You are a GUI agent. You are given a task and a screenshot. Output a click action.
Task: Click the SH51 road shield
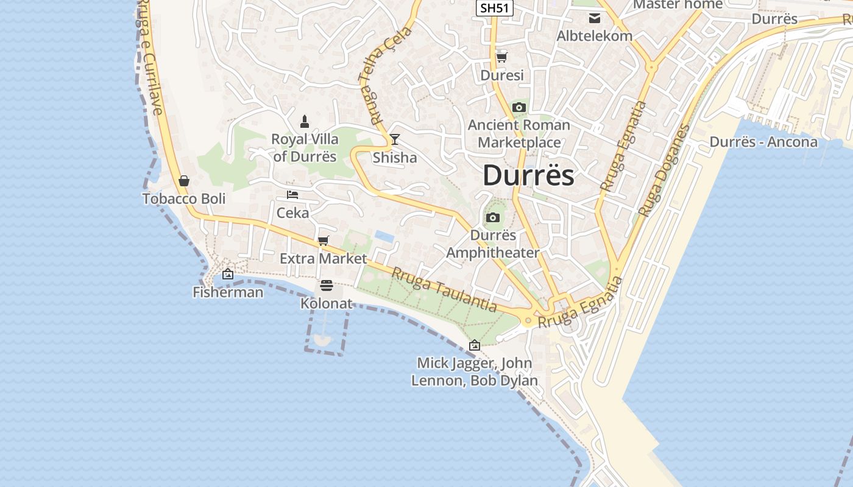495,8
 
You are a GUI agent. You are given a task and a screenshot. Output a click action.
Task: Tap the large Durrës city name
528,176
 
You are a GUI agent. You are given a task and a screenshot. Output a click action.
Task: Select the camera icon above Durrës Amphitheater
492,218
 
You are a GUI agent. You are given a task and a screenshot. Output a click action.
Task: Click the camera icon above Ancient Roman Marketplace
519,108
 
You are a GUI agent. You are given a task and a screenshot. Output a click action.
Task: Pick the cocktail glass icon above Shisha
395,140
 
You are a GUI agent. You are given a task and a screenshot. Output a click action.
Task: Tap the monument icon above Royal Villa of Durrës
305,122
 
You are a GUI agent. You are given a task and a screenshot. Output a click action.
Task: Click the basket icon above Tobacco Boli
184,181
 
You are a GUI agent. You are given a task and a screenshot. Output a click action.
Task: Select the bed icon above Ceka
292,195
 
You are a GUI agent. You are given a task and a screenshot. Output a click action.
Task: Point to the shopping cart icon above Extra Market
324,241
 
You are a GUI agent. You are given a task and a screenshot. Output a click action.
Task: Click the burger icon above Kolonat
327,286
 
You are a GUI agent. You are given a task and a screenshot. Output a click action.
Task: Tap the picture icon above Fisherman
228,275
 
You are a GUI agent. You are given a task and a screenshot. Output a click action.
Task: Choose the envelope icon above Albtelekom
594,18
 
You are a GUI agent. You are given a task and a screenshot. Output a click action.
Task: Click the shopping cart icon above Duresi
501,57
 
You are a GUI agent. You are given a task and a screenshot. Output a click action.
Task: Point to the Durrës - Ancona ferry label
763,142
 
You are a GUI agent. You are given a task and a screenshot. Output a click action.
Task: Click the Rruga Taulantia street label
444,290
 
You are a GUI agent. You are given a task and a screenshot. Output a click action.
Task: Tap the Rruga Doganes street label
665,170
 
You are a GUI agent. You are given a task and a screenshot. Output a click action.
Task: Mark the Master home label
678,5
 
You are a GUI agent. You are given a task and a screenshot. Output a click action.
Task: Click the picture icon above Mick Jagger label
475,345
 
